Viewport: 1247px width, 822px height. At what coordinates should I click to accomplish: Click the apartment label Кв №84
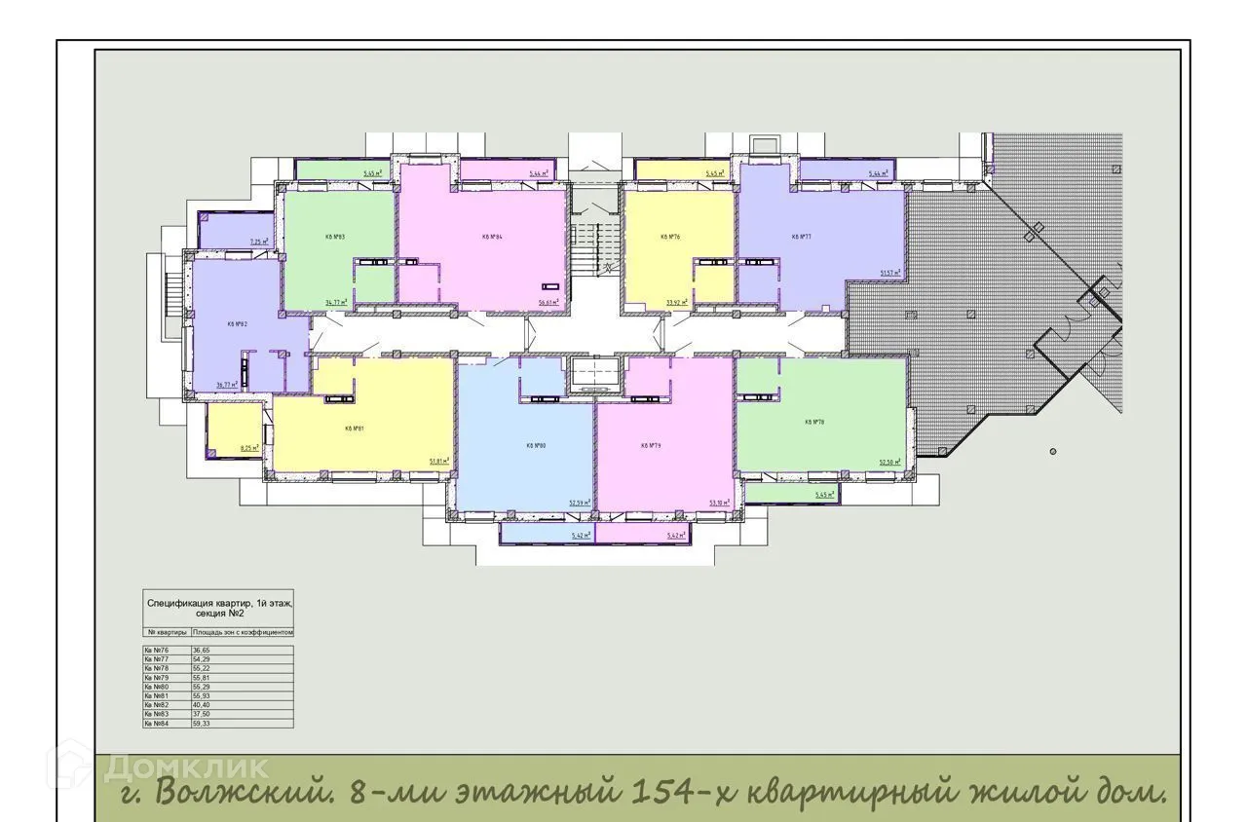coord(491,237)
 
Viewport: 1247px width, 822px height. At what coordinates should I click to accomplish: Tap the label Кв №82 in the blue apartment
coord(237,324)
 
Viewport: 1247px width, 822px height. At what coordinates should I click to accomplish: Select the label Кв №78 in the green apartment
coord(814,422)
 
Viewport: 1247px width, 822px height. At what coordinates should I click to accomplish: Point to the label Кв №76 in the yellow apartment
coord(669,237)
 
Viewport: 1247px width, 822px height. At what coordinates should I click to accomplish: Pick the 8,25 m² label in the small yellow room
coord(250,448)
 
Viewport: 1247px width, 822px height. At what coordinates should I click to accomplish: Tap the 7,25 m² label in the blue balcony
coord(258,242)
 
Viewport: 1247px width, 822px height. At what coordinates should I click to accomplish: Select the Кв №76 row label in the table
coord(157,650)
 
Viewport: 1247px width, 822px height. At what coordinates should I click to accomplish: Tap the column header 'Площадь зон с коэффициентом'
coord(243,632)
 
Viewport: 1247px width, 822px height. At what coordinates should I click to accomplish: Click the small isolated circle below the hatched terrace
coord(1053,452)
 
